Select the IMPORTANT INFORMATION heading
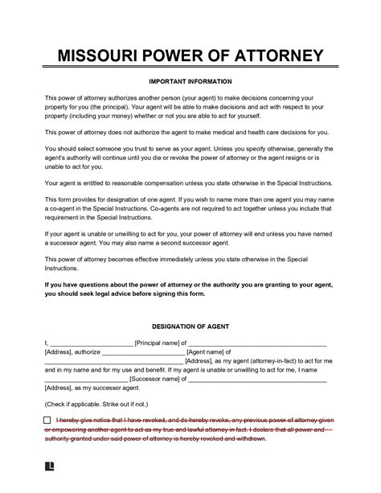tap(190, 82)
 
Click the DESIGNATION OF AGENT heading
tap(190, 306)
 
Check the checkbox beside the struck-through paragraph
tap(49, 421)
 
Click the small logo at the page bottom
tap(50, 466)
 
